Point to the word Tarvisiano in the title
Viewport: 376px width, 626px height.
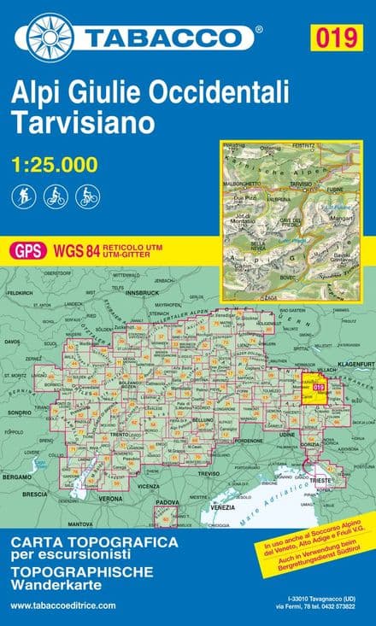click(x=82, y=122)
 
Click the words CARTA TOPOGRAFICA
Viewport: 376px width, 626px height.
click(x=94, y=542)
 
